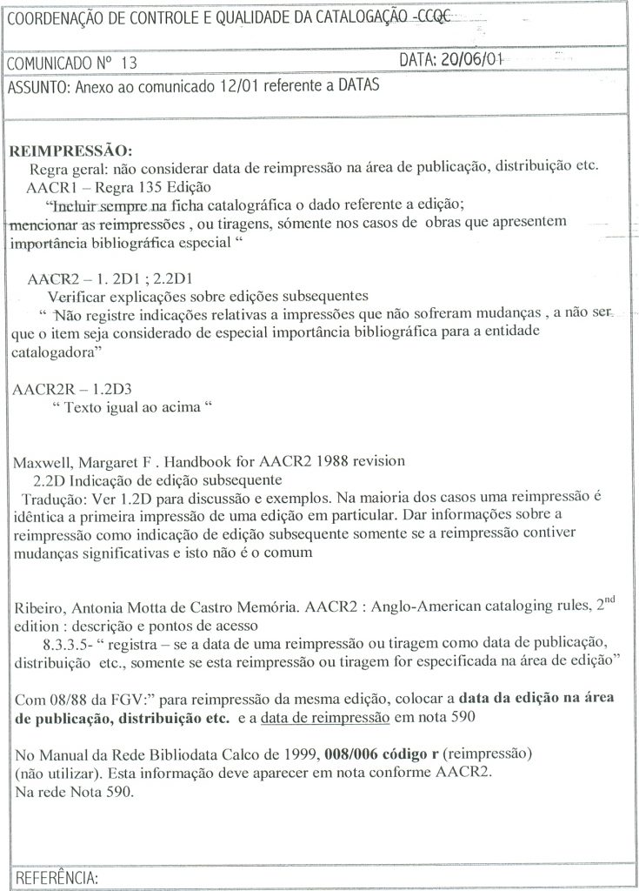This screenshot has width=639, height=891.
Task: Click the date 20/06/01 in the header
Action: (x=473, y=60)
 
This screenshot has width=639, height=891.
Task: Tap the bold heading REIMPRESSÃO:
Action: (x=70, y=151)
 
